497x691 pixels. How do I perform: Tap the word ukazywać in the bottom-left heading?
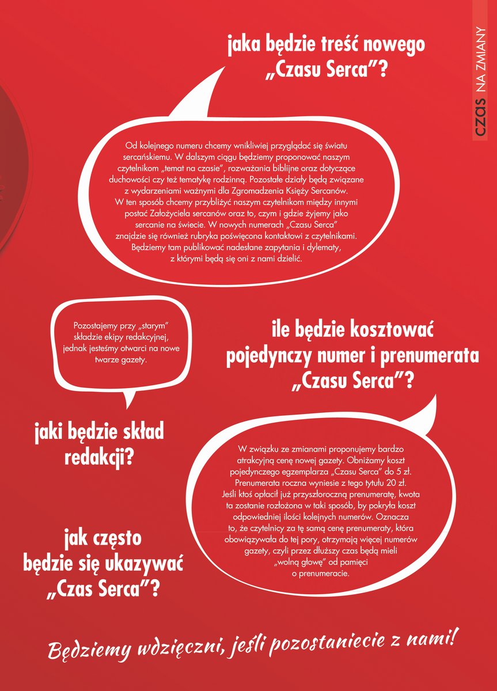pos(135,565)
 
